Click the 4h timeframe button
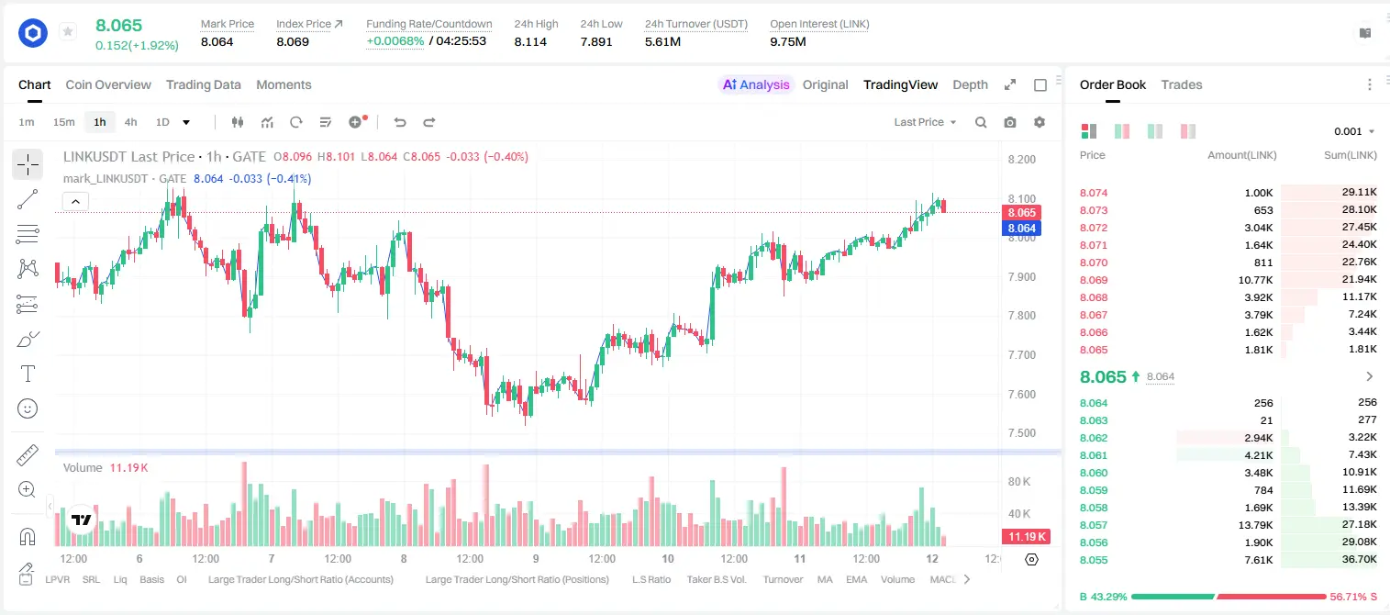130,122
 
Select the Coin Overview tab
108,84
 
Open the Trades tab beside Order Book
1182,84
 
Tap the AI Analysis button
756,84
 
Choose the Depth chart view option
970,84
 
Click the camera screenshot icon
1010,122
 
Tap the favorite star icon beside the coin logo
68,31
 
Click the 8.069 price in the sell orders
1094,280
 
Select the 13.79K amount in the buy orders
1254,525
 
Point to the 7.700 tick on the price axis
1021,355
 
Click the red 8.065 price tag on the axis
1021,212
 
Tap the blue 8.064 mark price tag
1021,229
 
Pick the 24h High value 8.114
530,41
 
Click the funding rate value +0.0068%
395,41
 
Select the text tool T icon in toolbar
28,374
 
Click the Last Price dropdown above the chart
925,122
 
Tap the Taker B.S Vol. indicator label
716,579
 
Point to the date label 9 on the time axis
536,558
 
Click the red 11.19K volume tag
1027,536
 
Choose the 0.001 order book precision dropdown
1354,131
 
